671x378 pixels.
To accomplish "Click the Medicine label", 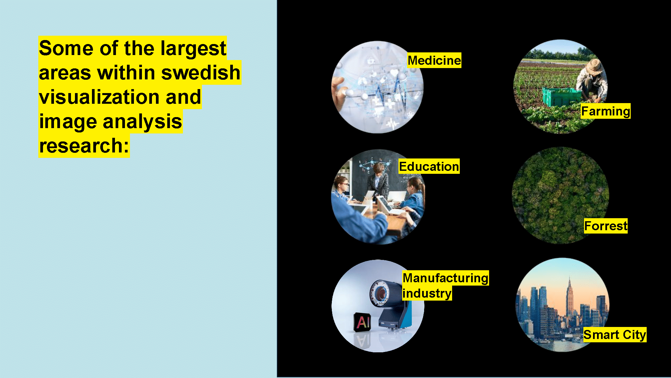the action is (434, 60).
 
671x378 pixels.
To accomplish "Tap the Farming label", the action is (605, 111).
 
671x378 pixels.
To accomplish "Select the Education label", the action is (429, 166).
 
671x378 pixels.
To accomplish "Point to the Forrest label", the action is (606, 226).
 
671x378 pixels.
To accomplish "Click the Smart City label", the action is (615, 335).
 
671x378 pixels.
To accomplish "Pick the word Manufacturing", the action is (445, 278).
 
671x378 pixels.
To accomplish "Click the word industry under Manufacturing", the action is (427, 293).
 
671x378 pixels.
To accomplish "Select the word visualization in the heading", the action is (99, 97).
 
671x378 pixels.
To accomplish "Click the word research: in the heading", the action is (84, 146).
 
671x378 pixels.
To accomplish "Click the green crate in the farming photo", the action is (562, 96).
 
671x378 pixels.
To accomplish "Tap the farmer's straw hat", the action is (594, 66).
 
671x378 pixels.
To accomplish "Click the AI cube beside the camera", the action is (362, 322).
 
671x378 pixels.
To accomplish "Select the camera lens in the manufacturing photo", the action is (380, 293).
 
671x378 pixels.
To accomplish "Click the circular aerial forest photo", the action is (560, 195).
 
